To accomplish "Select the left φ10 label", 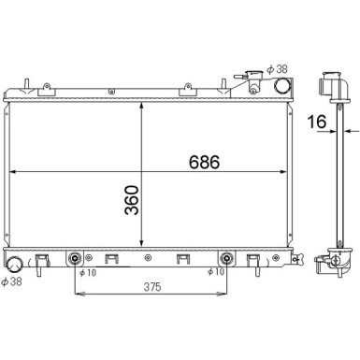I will click(86, 273).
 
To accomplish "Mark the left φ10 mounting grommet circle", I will click(76, 258).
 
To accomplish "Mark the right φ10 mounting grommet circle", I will click(224, 258).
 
